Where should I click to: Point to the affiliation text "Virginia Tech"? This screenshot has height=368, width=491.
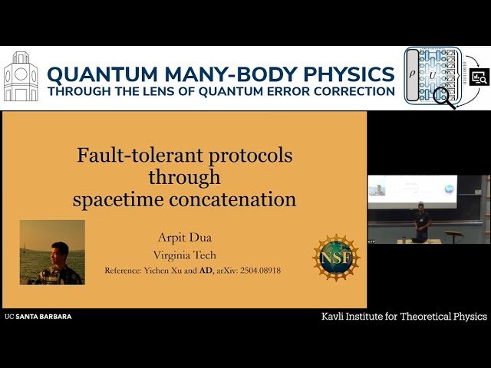click(184, 255)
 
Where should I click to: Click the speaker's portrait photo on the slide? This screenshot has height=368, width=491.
click(52, 252)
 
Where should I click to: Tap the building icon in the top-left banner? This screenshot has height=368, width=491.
click(20, 78)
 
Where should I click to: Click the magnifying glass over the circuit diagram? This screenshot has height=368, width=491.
click(443, 97)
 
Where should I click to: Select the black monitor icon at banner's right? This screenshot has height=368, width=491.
click(479, 77)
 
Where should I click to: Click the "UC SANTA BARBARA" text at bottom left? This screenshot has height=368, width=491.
click(38, 316)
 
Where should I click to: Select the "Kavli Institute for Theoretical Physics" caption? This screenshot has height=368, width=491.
click(404, 316)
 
